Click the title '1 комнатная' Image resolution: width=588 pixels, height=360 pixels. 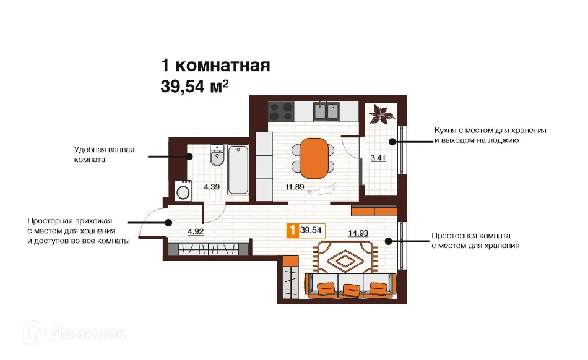click(x=215, y=65)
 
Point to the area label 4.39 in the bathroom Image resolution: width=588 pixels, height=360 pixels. click(x=212, y=186)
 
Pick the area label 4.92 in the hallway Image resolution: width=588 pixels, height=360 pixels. click(x=196, y=233)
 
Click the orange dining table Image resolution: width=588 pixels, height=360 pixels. click(x=315, y=156)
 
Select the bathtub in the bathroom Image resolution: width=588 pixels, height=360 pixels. click(x=238, y=170)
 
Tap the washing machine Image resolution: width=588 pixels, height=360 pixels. click(x=183, y=190)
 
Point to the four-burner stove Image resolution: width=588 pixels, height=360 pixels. click(x=281, y=111)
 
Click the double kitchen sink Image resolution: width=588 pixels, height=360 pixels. click(x=326, y=111)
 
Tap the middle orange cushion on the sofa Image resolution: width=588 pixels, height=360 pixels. click(x=352, y=289)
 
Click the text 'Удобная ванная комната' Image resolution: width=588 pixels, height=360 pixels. click(x=103, y=154)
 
